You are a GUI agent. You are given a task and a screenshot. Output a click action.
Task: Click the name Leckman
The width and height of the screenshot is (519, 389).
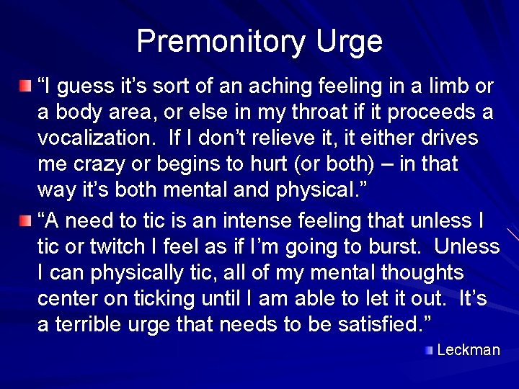(x=469, y=350)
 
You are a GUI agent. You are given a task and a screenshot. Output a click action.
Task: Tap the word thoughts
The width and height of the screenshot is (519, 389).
(x=422, y=272)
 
